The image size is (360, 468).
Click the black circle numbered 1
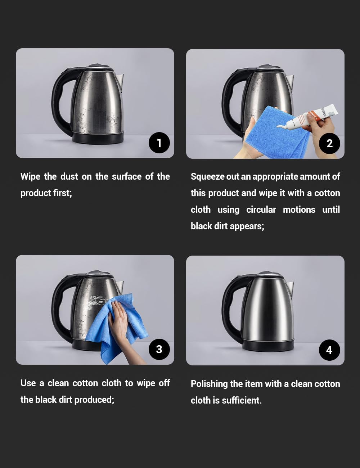click(159, 143)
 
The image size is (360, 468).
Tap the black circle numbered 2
click(329, 143)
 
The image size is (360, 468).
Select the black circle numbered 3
click(159, 349)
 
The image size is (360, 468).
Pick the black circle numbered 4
click(329, 350)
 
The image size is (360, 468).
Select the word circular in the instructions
click(261, 210)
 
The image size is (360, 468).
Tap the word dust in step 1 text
click(69, 176)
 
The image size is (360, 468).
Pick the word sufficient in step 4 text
click(242, 400)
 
